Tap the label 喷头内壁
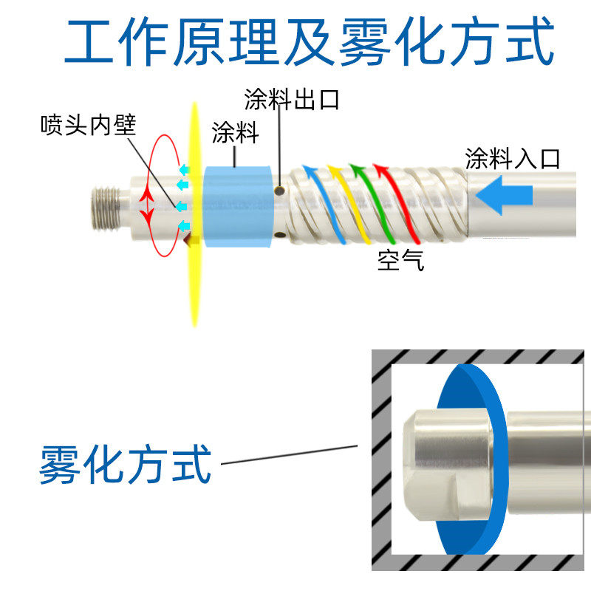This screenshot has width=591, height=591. click(88, 126)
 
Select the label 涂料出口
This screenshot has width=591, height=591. click(293, 99)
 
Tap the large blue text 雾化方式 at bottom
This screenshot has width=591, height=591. click(126, 464)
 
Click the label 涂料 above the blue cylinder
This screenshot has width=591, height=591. click(234, 134)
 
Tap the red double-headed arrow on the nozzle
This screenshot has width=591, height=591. click(147, 205)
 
